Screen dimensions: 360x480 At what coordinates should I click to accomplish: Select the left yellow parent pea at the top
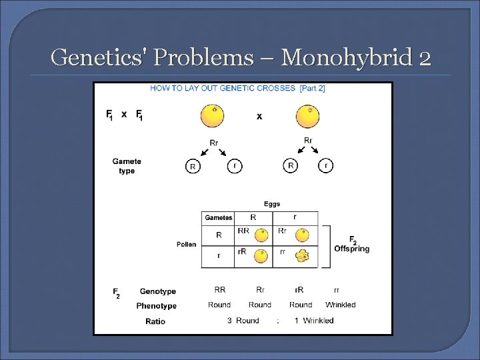[x=212, y=115]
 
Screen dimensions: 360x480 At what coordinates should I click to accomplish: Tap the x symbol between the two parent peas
[x=259, y=116]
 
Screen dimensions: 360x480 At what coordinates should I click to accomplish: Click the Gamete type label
[x=127, y=166]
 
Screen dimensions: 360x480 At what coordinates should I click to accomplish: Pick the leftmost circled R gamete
[x=193, y=167]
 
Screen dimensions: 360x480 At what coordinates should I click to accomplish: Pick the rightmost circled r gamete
[x=326, y=166]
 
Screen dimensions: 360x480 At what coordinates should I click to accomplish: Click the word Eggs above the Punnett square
[x=272, y=204]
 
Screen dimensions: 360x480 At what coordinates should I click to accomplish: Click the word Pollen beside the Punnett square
[x=187, y=244]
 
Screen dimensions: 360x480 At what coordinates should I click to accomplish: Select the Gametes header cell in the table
[x=219, y=218]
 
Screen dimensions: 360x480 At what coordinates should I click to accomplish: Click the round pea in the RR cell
[x=262, y=235]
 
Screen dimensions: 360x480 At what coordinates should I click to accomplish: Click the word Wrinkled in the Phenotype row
[x=340, y=305]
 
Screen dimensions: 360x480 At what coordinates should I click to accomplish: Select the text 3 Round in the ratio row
[x=243, y=321]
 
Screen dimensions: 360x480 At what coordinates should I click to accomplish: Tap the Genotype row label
[x=158, y=291]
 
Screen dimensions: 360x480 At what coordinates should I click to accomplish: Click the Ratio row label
[x=155, y=321]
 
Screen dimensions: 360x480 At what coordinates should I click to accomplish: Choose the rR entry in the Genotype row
[x=300, y=290]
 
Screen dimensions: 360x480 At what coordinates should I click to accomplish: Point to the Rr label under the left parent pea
[x=213, y=143]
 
